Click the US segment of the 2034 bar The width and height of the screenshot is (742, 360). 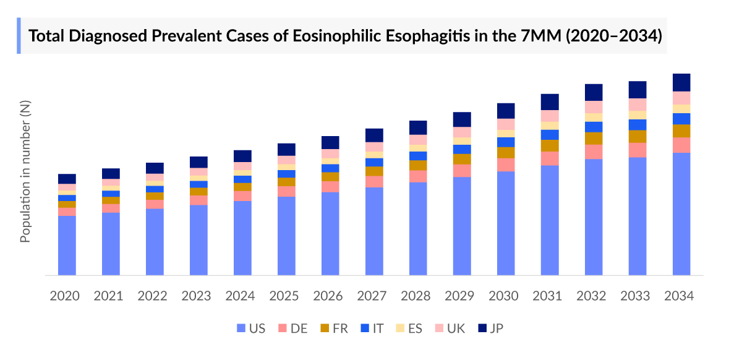tap(681, 213)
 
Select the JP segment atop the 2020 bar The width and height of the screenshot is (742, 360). tap(67, 179)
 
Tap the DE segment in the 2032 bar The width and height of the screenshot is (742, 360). tap(594, 152)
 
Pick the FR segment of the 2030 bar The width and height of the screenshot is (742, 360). tap(506, 152)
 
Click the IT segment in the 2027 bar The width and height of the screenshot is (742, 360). tap(374, 162)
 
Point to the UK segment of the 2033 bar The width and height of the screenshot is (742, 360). tap(638, 105)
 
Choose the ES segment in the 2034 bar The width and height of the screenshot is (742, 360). tap(681, 109)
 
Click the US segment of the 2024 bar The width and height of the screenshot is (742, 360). tap(242, 238)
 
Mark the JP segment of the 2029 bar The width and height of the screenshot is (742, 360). tap(462, 119)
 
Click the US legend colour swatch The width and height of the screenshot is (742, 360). tap(241, 328)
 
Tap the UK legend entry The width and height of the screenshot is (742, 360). tap(451, 328)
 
